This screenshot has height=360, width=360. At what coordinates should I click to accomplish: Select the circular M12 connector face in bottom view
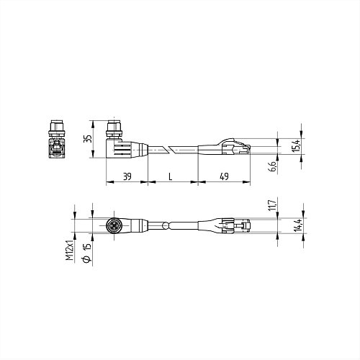pos(113,225)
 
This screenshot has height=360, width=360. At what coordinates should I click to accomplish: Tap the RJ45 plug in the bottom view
pos(238,225)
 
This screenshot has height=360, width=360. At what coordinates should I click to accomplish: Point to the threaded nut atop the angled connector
pos(113,130)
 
